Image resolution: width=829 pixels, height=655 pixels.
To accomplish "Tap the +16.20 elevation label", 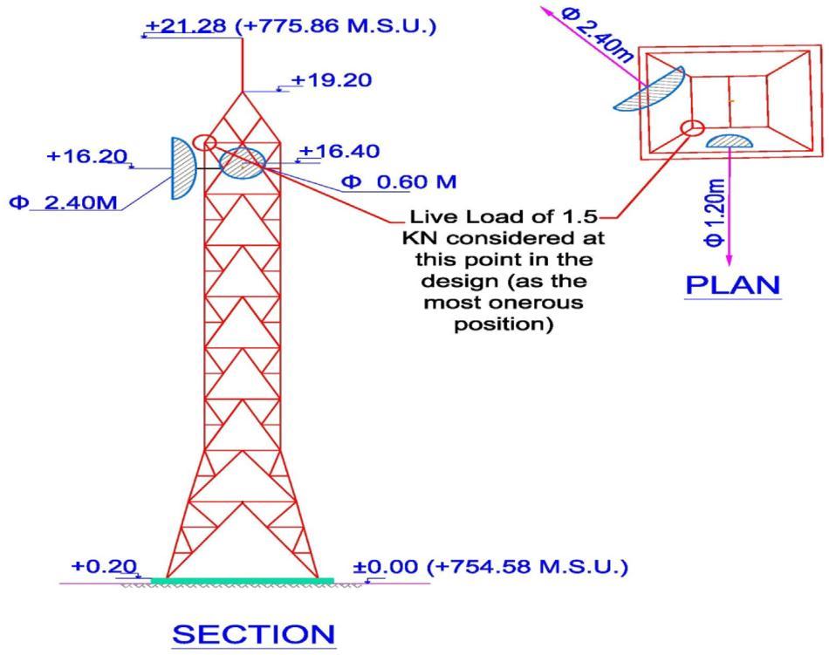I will point(87,157).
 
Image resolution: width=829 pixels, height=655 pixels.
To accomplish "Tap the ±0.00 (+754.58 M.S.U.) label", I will point(490,567).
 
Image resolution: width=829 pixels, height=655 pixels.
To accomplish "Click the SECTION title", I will point(253,634).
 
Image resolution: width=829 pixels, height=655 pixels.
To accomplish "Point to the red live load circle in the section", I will point(204,142).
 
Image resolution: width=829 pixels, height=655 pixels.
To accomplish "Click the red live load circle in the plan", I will point(693,129).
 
